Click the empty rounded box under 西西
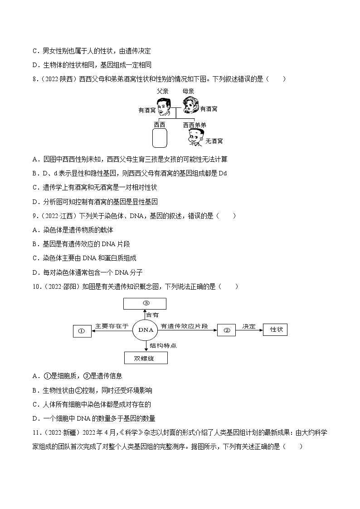point(159,138)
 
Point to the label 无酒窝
point(214,141)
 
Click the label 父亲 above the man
point(163,91)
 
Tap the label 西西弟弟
point(195,125)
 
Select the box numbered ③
point(145,304)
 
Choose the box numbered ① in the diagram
point(82,331)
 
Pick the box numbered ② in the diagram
point(226,330)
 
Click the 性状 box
point(276,330)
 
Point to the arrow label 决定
point(249,326)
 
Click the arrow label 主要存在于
point(112,326)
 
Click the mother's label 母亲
point(189,91)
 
